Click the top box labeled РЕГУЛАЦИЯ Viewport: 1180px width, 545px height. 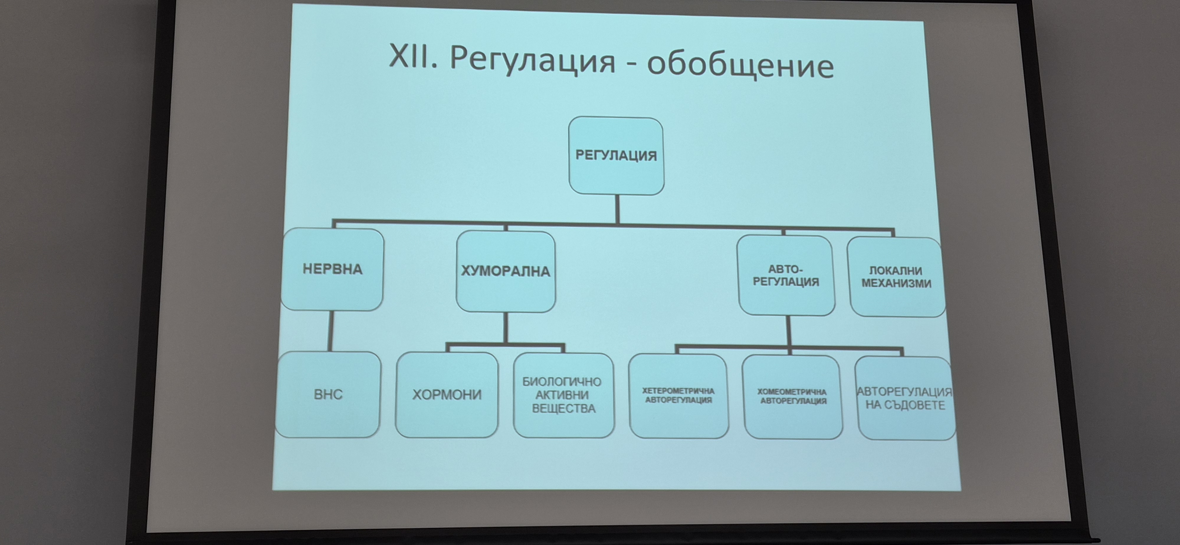616,156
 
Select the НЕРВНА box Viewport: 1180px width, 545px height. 332,269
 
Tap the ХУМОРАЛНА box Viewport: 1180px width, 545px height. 506,272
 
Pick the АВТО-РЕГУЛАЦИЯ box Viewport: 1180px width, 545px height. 786,275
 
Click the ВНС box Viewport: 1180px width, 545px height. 328,394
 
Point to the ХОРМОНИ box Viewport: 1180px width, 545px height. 447,395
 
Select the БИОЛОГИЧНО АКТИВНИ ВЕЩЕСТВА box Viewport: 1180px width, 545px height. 563,395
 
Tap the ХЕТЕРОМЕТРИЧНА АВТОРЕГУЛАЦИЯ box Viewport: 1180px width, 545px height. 678,396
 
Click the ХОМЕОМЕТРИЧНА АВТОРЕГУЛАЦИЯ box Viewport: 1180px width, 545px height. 792,397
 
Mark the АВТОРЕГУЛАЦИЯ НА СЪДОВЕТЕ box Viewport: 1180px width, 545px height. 905,398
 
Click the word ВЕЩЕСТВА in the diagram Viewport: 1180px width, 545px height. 563,408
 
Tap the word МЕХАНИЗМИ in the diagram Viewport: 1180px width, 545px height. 897,283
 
